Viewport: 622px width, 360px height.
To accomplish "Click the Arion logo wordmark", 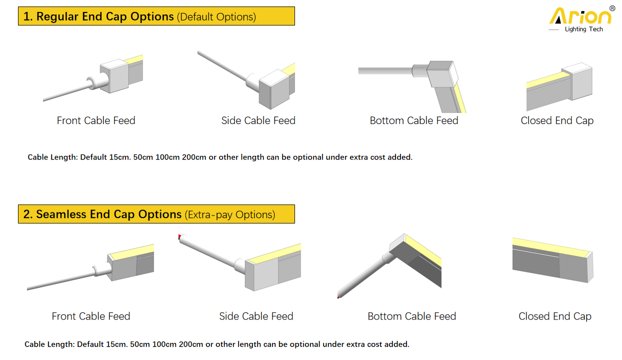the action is (580, 16).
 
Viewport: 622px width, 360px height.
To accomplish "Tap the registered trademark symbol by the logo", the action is (612, 8).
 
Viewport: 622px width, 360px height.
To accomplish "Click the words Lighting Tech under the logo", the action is (583, 29).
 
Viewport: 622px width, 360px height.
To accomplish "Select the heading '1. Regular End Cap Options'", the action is (98, 16).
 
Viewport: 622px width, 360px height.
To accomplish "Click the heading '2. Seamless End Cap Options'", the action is (102, 214).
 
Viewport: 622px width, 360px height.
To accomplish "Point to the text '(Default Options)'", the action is (216, 17).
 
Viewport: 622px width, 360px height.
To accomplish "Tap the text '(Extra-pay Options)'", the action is (230, 214).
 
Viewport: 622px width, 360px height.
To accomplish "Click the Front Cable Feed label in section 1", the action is (96, 120).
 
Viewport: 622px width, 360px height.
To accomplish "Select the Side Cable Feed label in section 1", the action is (258, 120).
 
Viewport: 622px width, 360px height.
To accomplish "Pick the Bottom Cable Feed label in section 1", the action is (414, 120).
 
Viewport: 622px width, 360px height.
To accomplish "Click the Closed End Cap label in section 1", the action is (557, 121).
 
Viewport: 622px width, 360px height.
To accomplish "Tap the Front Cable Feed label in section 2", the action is (91, 316).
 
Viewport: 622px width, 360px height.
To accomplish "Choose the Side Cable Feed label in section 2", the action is (256, 316).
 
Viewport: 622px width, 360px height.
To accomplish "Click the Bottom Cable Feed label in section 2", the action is (412, 316).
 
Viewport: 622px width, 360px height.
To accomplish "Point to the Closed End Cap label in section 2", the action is (555, 316).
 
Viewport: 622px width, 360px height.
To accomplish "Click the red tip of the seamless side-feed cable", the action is (179, 236).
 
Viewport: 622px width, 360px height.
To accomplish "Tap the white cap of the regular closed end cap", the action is (580, 80).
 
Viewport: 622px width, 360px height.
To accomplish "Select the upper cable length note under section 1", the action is (220, 157).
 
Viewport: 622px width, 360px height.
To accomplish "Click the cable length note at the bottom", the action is (217, 344).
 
